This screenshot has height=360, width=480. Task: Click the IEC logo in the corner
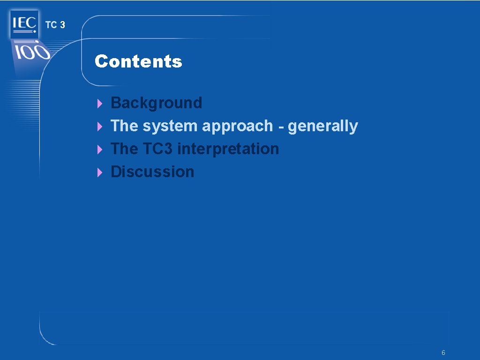24,23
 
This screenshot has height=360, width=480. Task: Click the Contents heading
138,61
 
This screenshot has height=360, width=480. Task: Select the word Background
156,103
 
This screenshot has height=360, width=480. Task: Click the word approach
237,126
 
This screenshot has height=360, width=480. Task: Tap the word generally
322,126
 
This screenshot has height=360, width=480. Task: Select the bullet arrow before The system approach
99,127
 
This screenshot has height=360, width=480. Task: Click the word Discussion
152,172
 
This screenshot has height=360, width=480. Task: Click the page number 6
443,352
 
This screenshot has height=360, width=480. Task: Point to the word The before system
124,126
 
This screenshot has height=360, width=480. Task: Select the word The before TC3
124,149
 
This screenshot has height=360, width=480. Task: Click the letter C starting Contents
101,61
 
